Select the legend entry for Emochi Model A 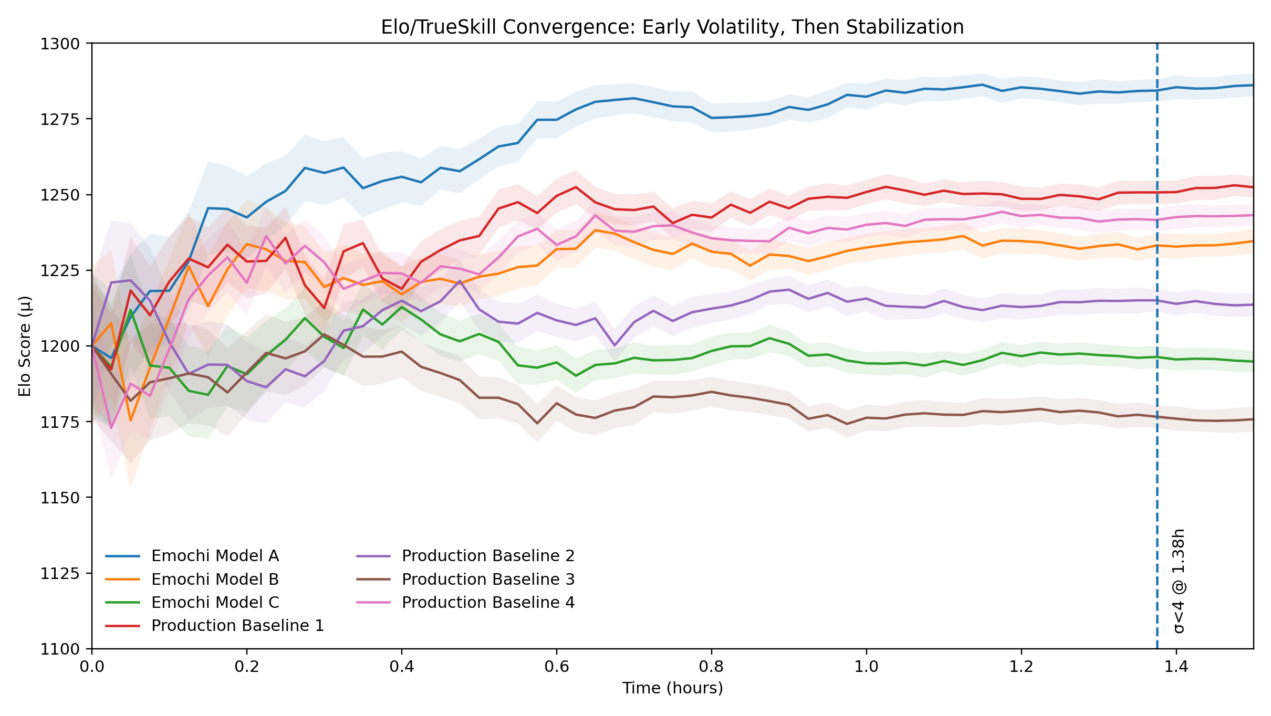click(215, 556)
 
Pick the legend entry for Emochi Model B click(215, 580)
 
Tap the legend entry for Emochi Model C click(215, 603)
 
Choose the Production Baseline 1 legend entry click(237, 626)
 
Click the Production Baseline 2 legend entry click(488, 556)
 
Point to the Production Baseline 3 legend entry click(488, 580)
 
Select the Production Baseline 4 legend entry click(488, 603)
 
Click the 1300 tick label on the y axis click(59, 44)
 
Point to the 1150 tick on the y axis click(59, 498)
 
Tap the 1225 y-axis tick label click(59, 271)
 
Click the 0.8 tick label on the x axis click(711, 667)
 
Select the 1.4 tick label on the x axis click(1176, 667)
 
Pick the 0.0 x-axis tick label click(92, 667)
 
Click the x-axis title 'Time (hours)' click(672, 688)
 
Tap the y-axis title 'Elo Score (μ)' click(25, 346)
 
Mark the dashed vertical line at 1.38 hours click(1157, 367)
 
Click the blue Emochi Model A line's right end click(1252, 85)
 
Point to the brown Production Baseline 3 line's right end click(1252, 419)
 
